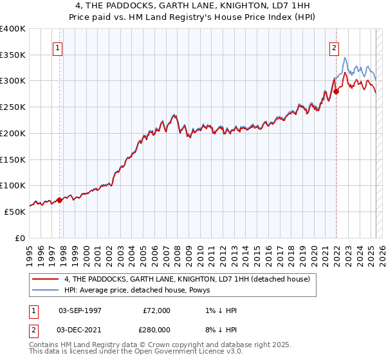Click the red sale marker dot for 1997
[60, 200]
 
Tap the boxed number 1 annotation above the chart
[58, 47]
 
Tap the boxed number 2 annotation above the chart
[335, 47]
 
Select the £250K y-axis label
[13, 107]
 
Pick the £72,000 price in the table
[156, 310]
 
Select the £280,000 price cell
[156, 329]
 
